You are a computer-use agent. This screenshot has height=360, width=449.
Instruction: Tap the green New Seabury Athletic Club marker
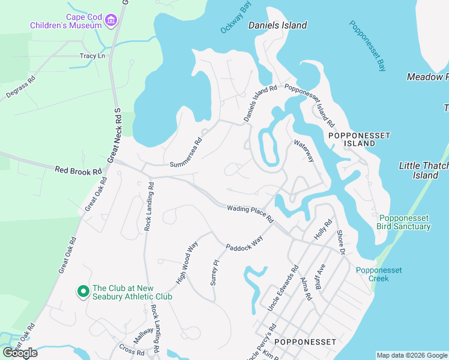tap(82, 292)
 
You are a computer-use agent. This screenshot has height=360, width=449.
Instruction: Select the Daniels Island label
tap(277, 25)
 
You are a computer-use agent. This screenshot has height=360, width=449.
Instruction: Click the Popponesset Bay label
tap(368, 46)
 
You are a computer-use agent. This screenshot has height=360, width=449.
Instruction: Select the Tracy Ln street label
tap(92, 56)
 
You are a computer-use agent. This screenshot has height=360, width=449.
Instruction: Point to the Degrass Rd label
tap(21, 86)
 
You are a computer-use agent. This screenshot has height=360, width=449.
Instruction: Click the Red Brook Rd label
tap(78, 171)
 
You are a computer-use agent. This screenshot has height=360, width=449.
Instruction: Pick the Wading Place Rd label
tap(250, 212)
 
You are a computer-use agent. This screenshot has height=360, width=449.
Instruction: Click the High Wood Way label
tap(187, 263)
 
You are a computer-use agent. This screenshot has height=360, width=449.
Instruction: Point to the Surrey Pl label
tap(213, 272)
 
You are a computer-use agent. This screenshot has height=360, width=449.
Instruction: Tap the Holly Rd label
tap(323, 230)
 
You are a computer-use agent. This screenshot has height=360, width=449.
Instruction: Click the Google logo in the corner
tap(20, 353)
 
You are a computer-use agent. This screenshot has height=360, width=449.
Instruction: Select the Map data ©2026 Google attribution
tap(411, 355)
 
